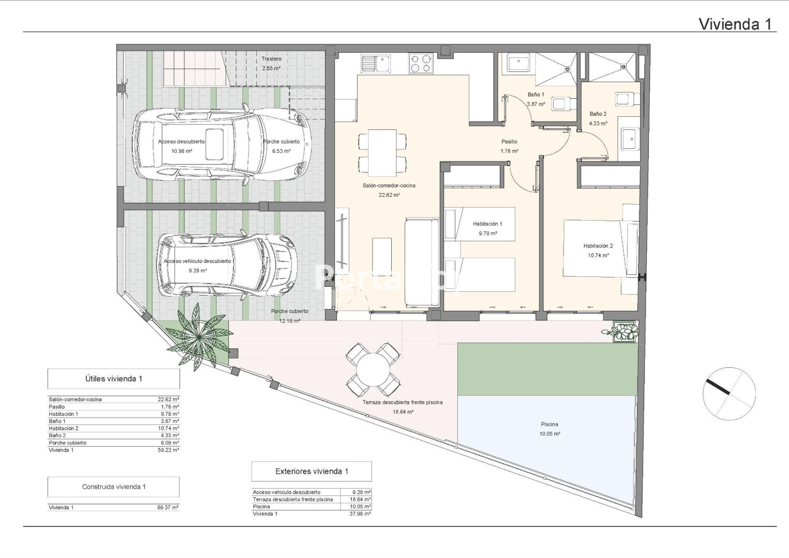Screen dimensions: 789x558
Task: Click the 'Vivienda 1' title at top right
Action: point(735,24)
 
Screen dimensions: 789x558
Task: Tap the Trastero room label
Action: point(272,59)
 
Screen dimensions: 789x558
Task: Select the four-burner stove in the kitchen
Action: point(421,64)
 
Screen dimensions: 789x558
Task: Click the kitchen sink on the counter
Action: point(376,63)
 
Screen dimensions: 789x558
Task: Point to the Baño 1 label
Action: point(536,95)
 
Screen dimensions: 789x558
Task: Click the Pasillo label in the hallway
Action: point(509,142)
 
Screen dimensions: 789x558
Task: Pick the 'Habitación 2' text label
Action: point(598,246)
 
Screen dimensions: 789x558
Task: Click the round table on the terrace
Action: point(373,370)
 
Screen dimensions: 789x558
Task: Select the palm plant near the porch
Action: point(198,337)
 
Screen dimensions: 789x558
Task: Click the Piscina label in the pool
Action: point(549,424)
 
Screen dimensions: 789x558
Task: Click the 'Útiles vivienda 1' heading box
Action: point(114,379)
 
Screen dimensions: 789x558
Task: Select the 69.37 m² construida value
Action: point(168,507)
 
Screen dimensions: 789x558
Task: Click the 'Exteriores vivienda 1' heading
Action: point(312,471)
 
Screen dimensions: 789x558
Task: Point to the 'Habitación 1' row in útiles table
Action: point(114,414)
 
